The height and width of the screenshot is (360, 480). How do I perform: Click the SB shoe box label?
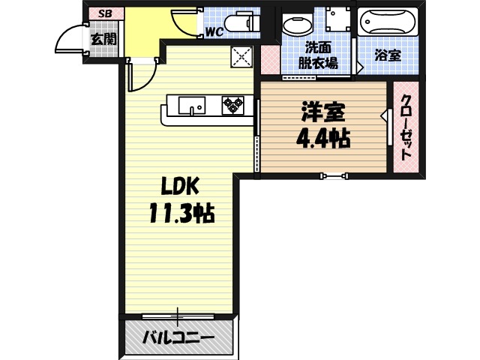point(103,13)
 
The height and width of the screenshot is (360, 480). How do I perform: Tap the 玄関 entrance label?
point(103,39)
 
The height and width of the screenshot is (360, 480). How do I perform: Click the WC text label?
point(214,32)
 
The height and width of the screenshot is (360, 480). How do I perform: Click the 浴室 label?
point(387,55)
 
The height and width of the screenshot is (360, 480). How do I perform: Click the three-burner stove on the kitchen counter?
point(233,106)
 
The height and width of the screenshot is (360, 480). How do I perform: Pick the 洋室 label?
point(322,113)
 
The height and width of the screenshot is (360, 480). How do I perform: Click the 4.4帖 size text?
point(322,139)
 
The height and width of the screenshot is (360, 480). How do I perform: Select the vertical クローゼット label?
point(406,127)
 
